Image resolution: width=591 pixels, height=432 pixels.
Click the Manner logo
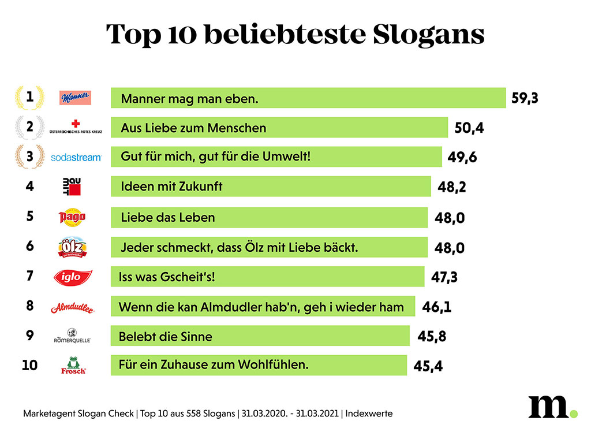(76, 98)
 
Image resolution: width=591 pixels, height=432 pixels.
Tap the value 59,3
(525, 98)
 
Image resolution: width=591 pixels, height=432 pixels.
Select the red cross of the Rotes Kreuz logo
(76, 124)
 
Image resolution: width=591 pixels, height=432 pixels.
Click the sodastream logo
(76, 157)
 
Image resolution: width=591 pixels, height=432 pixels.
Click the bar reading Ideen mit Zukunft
(270, 187)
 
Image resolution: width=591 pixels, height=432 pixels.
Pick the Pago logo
(73, 217)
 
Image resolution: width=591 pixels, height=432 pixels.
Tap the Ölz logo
(73, 247)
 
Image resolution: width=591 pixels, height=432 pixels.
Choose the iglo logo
(72, 277)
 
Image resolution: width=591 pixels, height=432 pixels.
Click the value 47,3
(444, 277)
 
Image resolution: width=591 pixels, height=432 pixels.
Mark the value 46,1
(436, 307)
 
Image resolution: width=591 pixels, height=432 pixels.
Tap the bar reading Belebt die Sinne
(260, 336)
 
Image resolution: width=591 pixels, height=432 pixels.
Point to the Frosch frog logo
(73, 366)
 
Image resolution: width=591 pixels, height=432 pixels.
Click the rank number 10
(29, 365)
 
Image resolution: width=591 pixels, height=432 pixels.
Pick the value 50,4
(469, 128)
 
